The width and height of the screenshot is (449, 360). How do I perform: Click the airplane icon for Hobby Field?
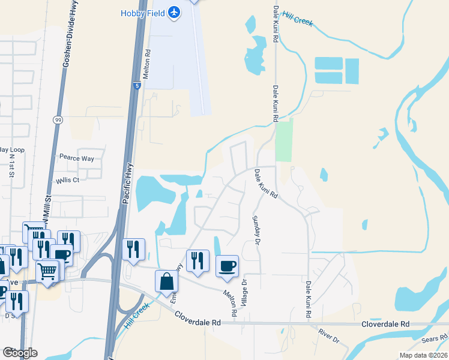coord(174,13)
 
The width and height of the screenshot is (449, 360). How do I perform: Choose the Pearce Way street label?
coord(76,158)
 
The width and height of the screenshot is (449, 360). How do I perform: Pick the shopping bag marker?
coord(166,281)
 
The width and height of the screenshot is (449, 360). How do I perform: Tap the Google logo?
coord(19,353)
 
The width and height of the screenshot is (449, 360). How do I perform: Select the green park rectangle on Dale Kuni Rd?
coord(284,140)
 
